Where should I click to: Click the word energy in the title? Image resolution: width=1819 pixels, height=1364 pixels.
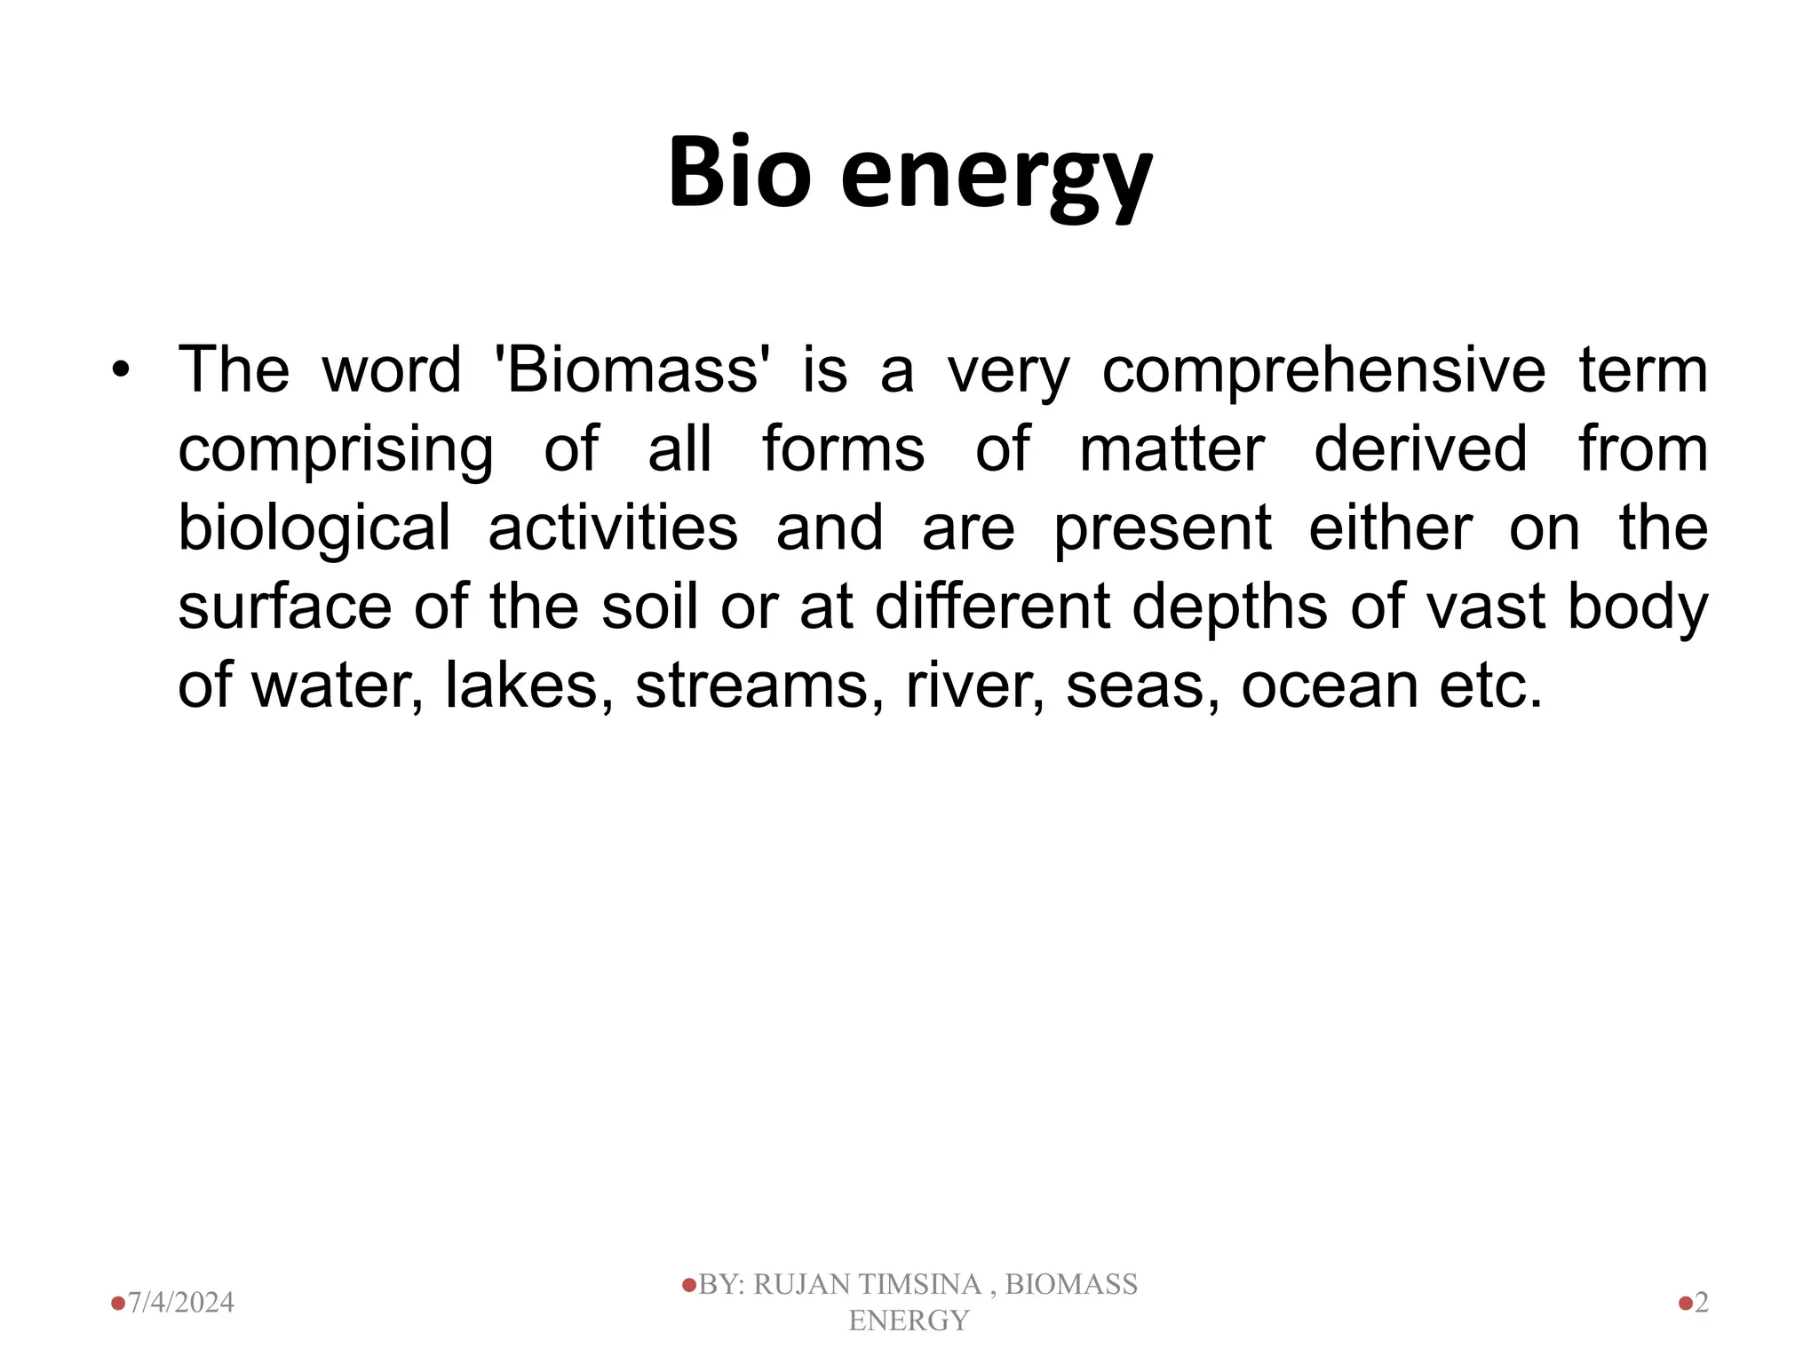(x=996, y=178)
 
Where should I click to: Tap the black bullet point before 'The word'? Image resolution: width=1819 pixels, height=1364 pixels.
(x=121, y=370)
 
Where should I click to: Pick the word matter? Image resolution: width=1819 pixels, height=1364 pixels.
(x=1172, y=448)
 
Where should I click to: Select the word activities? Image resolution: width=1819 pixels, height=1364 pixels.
(x=613, y=527)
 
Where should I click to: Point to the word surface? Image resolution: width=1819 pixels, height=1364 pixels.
(x=284, y=607)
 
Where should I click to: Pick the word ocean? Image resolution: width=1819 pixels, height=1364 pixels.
(x=1329, y=686)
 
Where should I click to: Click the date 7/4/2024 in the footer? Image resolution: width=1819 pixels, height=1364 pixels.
(x=181, y=1303)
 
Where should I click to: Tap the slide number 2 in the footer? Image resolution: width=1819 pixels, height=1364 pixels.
(x=1701, y=1303)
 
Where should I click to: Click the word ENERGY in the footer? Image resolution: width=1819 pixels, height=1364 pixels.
(x=908, y=1320)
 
